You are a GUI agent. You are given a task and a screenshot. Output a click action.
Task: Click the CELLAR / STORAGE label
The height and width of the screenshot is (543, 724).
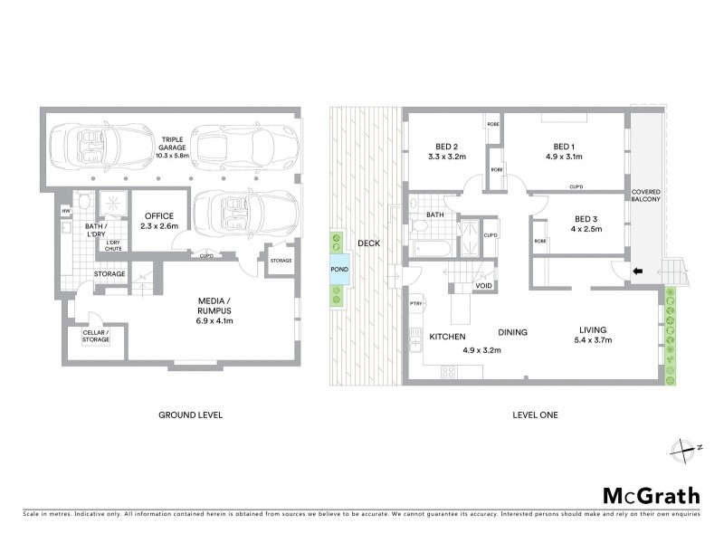pyautogui.click(x=95, y=336)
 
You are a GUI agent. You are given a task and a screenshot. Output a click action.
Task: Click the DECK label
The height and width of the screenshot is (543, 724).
pyautogui.click(x=366, y=243)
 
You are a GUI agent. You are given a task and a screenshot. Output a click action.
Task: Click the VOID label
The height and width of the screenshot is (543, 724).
pyautogui.click(x=485, y=286)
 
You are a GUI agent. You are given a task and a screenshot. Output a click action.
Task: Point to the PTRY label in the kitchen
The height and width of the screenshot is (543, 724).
pyautogui.click(x=416, y=304)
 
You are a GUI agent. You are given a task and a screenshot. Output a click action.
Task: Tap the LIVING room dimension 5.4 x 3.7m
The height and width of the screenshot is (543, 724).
pyautogui.click(x=593, y=340)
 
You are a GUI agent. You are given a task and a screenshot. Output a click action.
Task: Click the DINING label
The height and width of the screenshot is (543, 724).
pyautogui.click(x=512, y=333)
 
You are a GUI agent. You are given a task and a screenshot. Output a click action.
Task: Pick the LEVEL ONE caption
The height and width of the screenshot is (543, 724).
pyautogui.click(x=537, y=414)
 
